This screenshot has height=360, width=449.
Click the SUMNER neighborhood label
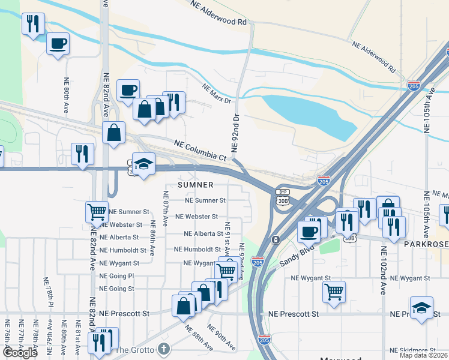click(x=195, y=185)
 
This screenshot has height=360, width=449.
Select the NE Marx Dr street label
click(x=217, y=94)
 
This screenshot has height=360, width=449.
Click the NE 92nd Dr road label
click(x=235, y=131)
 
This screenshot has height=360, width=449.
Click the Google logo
click(x=20, y=353)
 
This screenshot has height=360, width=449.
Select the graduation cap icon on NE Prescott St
click(x=421, y=307)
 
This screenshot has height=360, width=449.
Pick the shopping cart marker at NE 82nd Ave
click(x=97, y=211)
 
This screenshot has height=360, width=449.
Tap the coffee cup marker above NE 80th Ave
click(x=58, y=43)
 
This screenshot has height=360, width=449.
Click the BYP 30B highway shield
click(x=283, y=197)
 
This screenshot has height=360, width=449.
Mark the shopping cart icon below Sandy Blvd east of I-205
click(x=334, y=292)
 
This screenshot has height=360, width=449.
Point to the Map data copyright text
click(x=424, y=355)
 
